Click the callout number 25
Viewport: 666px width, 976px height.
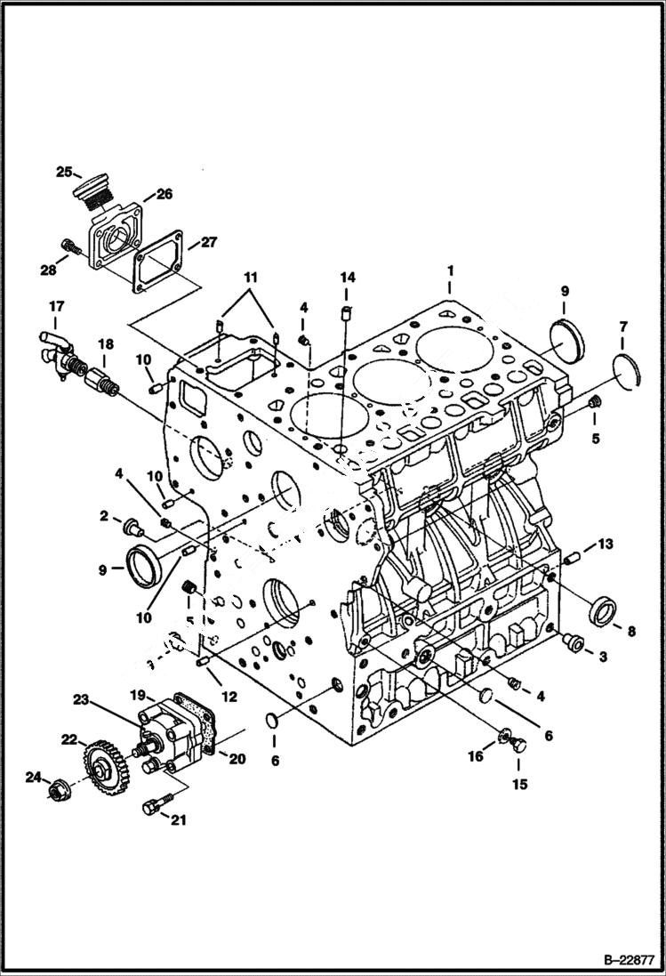[64, 172]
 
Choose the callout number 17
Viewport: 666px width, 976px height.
[56, 306]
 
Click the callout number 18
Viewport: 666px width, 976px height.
[105, 344]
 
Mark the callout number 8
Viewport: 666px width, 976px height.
[630, 632]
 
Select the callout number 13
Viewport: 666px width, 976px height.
[605, 544]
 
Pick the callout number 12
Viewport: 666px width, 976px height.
[229, 697]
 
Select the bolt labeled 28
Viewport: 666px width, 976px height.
[68, 244]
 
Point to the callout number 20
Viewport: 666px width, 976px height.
[237, 758]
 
